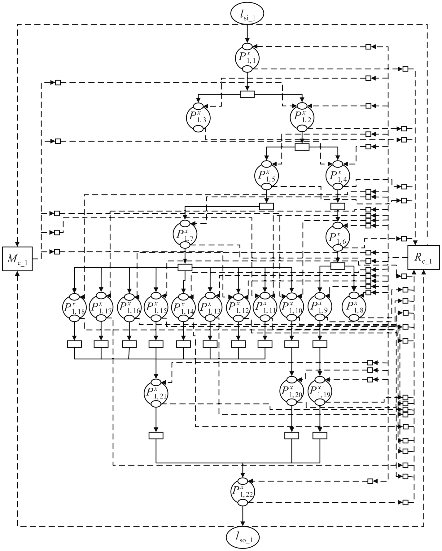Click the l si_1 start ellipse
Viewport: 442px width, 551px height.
click(x=247, y=15)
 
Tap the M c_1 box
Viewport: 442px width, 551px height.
click(x=17, y=259)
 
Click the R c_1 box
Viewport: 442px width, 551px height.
click(x=423, y=259)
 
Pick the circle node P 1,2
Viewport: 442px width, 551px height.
click(x=302, y=117)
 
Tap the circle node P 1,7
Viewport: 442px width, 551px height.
click(x=185, y=234)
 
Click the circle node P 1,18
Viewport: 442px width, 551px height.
click(x=74, y=307)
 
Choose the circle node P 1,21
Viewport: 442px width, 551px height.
click(x=156, y=393)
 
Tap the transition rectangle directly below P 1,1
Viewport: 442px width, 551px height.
click(x=247, y=94)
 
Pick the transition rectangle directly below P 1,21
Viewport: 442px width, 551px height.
click(x=156, y=435)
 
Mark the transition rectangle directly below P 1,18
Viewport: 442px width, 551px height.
click(x=74, y=344)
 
